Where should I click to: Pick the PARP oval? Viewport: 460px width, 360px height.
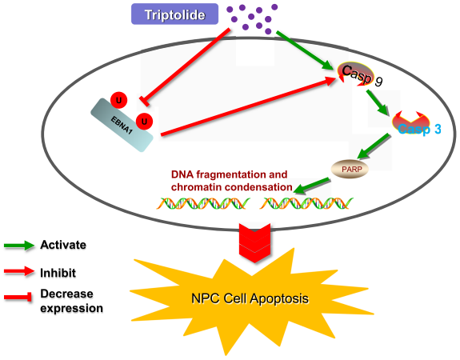coord(347,168)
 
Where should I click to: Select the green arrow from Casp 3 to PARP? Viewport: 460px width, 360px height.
coord(372,147)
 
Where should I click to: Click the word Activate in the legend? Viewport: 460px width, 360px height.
coord(63,245)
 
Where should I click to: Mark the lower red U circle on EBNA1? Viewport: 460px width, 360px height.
coord(144,122)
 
